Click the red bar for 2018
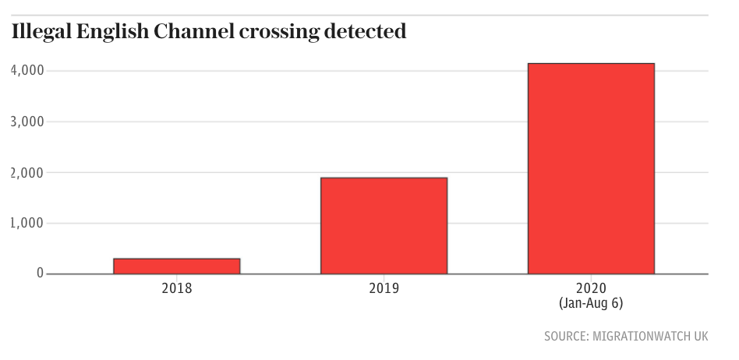[x=177, y=266]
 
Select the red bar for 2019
[x=384, y=226]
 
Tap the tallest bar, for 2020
[x=591, y=168]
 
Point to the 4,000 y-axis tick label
[x=27, y=71]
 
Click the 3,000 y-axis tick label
[x=27, y=122]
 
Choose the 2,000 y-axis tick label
[x=27, y=172]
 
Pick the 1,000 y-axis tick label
[x=27, y=223]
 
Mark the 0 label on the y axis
[x=39, y=274]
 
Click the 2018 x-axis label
[x=177, y=288]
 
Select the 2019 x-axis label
[x=384, y=288]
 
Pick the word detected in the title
[x=365, y=33]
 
